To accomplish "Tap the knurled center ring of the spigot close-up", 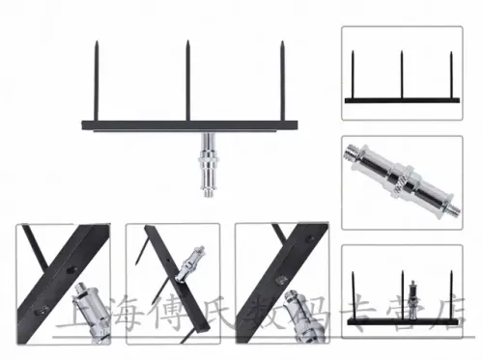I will point(401,180).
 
